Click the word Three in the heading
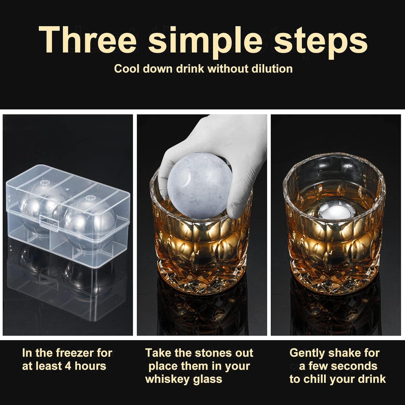tap(87, 41)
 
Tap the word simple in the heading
tap(205, 41)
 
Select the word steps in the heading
tap(320, 41)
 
